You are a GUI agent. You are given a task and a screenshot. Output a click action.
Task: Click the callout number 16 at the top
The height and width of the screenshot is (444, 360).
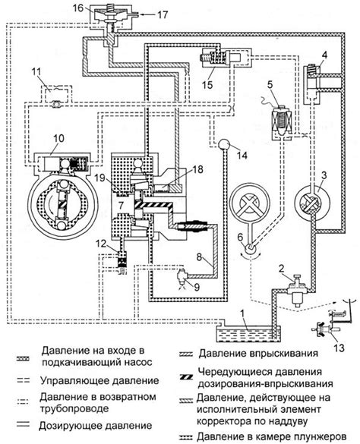[x=78, y=8]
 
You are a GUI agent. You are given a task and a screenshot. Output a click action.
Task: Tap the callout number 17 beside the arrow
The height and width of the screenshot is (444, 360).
[x=163, y=14]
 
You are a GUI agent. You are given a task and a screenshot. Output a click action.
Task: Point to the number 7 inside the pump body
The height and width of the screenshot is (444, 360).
[x=121, y=205]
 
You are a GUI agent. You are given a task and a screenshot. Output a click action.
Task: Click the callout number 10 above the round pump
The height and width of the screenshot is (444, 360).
[x=59, y=138]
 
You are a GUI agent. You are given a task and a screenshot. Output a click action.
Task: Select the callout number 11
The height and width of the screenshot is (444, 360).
[x=36, y=71]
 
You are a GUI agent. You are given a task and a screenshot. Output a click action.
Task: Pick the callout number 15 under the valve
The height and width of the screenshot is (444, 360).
[x=207, y=85]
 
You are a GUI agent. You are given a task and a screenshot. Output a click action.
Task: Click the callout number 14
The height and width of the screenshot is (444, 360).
[x=242, y=155]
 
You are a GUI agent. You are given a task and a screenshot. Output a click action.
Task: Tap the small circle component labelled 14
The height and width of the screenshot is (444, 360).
[x=224, y=145]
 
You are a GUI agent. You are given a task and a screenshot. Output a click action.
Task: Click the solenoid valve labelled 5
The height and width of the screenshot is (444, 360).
[x=282, y=121]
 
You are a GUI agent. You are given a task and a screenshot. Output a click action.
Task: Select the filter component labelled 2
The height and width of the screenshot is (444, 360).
[x=296, y=291]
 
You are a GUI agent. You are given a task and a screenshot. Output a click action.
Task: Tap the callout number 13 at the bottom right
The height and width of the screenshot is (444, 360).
[x=339, y=347]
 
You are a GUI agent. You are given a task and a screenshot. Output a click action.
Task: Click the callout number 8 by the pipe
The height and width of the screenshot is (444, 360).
[x=200, y=257]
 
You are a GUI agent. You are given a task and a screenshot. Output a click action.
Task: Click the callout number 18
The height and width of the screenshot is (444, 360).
[x=198, y=169]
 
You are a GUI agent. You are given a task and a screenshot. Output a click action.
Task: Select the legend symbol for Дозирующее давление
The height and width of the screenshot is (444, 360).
[x=23, y=424]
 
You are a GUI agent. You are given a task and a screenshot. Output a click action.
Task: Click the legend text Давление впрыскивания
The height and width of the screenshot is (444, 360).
[x=258, y=354]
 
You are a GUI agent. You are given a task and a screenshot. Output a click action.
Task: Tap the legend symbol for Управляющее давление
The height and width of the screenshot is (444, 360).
[x=23, y=381]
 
